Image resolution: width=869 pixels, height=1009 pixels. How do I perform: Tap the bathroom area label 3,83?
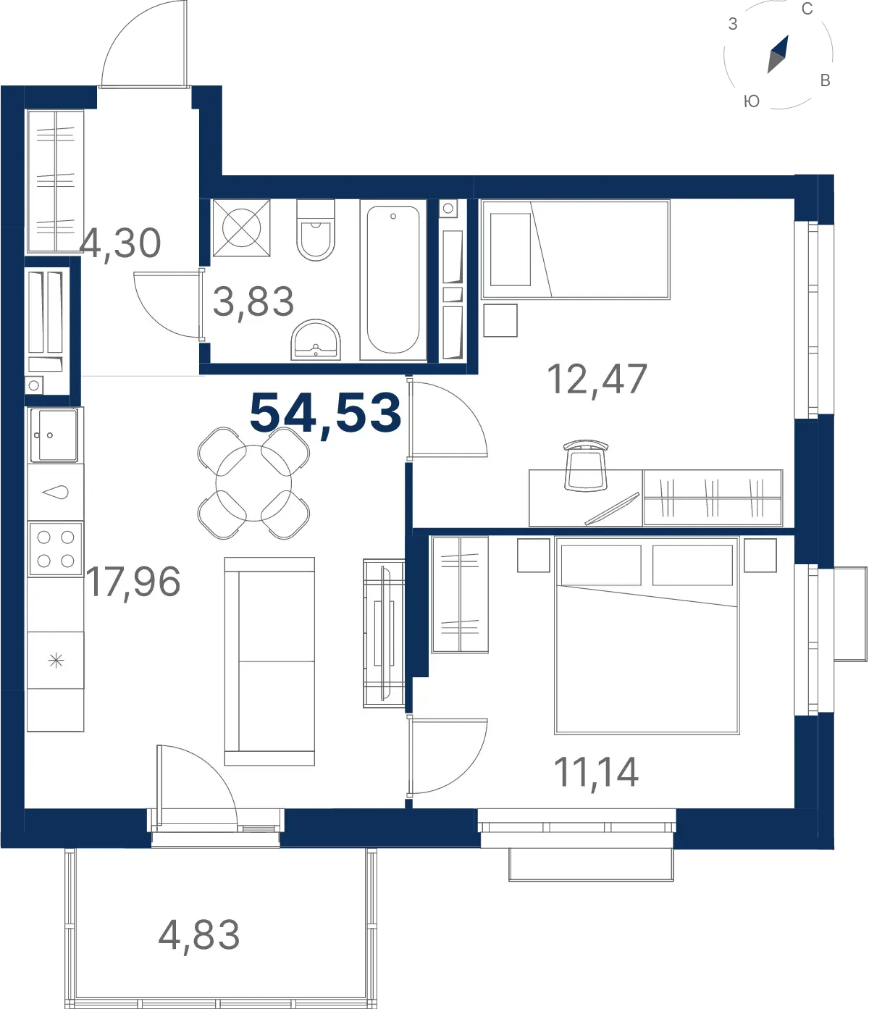[253, 303]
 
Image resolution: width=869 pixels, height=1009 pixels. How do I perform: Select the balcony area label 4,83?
[199, 936]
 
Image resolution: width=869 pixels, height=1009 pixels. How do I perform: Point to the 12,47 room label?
[597, 380]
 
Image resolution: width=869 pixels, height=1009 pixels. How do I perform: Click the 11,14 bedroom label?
[596, 773]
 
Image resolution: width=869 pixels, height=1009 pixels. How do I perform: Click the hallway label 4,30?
[120, 244]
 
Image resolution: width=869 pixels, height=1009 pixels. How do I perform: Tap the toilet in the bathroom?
[316, 230]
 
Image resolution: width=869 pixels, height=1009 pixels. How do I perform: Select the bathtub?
[392, 280]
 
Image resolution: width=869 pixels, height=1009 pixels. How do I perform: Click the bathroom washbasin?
[316, 340]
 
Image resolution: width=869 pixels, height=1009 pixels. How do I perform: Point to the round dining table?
[253, 483]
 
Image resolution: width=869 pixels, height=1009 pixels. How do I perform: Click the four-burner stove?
[56, 548]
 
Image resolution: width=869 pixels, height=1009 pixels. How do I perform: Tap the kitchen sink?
[54, 435]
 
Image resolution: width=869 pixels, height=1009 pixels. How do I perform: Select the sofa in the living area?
[269, 661]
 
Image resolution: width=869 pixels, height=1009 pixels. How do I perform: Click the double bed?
[647, 635]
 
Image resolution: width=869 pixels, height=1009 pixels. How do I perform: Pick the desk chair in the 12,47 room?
[586, 465]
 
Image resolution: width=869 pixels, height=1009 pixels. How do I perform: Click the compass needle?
[778, 54]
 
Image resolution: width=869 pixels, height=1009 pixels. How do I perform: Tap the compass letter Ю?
[752, 101]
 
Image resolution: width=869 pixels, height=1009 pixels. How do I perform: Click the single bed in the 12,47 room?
[575, 249]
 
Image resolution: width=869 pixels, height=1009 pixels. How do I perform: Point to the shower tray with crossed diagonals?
[241, 227]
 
